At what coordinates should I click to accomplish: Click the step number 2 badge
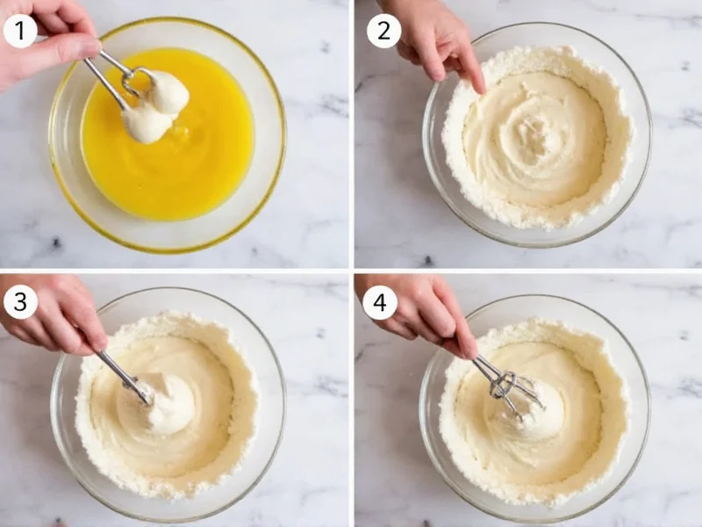click(383, 31)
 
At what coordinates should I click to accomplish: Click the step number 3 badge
click(19, 303)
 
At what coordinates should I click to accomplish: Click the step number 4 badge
click(380, 303)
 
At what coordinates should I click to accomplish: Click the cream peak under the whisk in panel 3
click(171, 408)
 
